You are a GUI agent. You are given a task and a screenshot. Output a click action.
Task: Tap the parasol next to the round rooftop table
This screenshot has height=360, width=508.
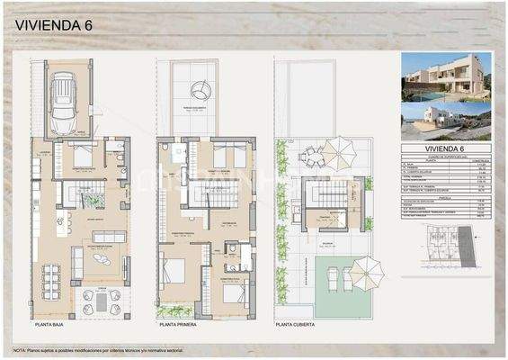pos(339,149)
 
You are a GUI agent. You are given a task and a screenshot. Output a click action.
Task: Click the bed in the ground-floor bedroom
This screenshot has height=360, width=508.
pos(83,158)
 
